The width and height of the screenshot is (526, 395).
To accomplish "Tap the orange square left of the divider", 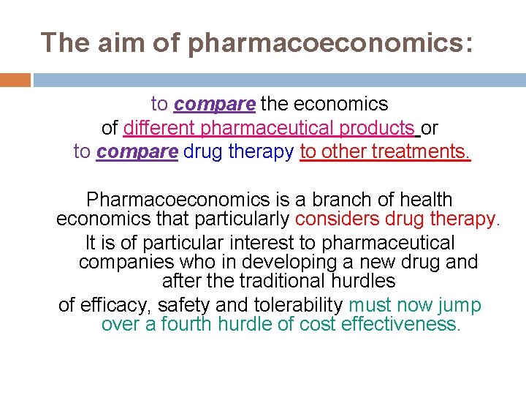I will pos(15,80).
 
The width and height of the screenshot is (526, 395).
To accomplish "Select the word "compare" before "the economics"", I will pos(215,105).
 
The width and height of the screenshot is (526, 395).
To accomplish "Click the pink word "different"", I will pos(160,128).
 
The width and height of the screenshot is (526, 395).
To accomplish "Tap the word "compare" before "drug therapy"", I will pos(137,151).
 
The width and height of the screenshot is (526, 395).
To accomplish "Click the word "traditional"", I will pos(272,280).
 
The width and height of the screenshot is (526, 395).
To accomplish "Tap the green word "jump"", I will pos(461,305).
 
